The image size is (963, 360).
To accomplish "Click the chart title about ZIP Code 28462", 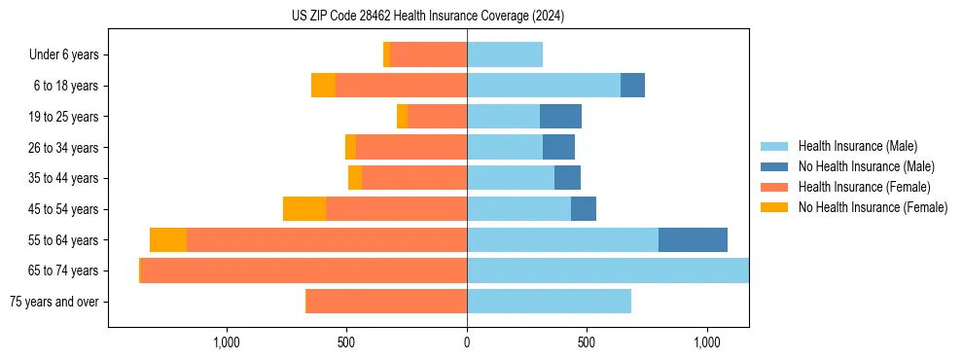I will tap(428, 17).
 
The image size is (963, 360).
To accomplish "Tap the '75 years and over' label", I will tap(54, 302).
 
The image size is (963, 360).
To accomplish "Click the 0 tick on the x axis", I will tap(467, 342).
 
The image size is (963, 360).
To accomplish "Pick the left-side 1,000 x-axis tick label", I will tap(226, 342).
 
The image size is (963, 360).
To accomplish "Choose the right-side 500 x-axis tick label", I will tap(586, 342).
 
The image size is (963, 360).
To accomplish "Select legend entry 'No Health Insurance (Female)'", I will tap(873, 207).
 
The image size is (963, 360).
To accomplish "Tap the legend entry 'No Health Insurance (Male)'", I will tap(866, 167).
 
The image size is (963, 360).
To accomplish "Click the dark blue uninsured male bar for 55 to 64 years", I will tap(693, 239).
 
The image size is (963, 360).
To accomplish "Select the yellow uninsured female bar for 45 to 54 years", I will tap(303, 209).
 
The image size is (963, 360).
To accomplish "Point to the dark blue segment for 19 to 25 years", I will tap(560, 117).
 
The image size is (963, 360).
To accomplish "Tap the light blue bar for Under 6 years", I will tap(504, 55).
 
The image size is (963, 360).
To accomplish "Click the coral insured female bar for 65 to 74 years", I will tap(303, 270).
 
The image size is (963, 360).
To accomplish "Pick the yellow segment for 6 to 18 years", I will tap(323, 86).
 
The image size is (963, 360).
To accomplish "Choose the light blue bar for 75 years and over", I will tap(549, 302).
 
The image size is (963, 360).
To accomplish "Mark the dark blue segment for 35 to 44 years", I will tap(567, 178).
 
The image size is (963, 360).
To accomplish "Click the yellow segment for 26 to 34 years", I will tap(350, 147).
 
